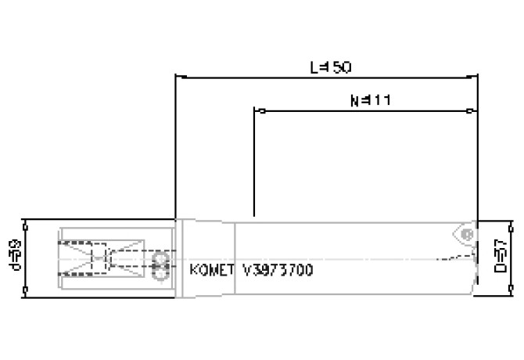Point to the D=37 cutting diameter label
pos(503,257)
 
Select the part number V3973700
pos(278,271)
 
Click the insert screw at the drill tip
pos(466,233)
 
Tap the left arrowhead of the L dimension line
pos(178,77)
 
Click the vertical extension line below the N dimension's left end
pos(254,164)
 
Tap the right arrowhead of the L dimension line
pos(475,77)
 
